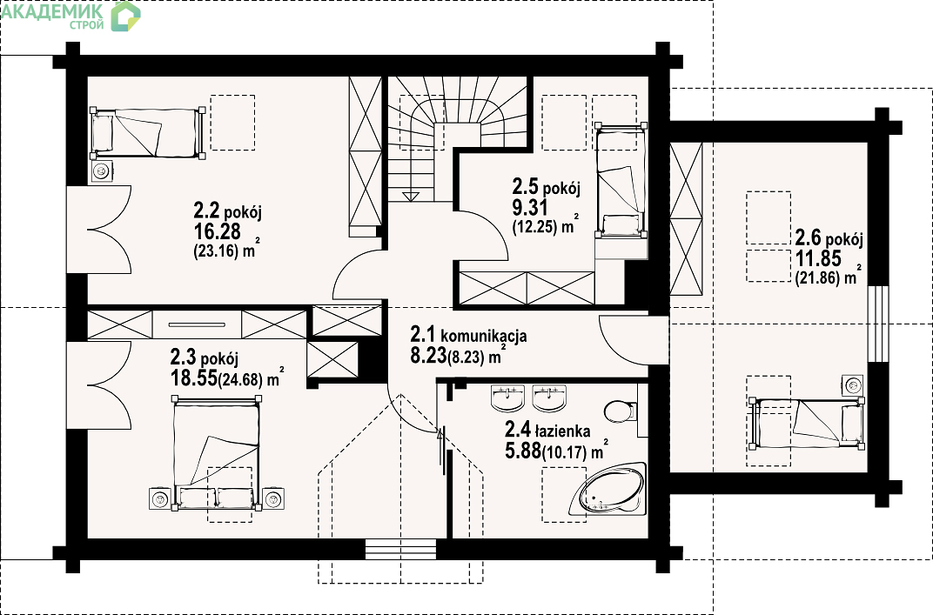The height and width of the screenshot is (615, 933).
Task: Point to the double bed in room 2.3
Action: click(x=217, y=454)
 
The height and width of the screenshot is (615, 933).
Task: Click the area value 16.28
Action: click(x=218, y=231)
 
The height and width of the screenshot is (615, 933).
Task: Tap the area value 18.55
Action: click(x=193, y=378)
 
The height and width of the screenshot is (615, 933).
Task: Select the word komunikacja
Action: click(x=483, y=336)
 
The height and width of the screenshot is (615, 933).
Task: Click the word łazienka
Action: click(x=562, y=431)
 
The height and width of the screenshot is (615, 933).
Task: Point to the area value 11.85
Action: click(x=818, y=258)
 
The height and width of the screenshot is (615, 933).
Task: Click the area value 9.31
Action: click(x=530, y=207)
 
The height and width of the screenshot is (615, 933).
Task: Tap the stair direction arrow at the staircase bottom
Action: click(x=411, y=196)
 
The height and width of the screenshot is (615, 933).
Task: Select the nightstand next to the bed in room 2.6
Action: click(x=853, y=386)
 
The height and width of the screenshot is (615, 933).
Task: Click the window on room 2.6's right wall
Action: click(x=877, y=324)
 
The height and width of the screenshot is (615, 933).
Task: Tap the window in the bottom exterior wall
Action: click(x=400, y=549)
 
